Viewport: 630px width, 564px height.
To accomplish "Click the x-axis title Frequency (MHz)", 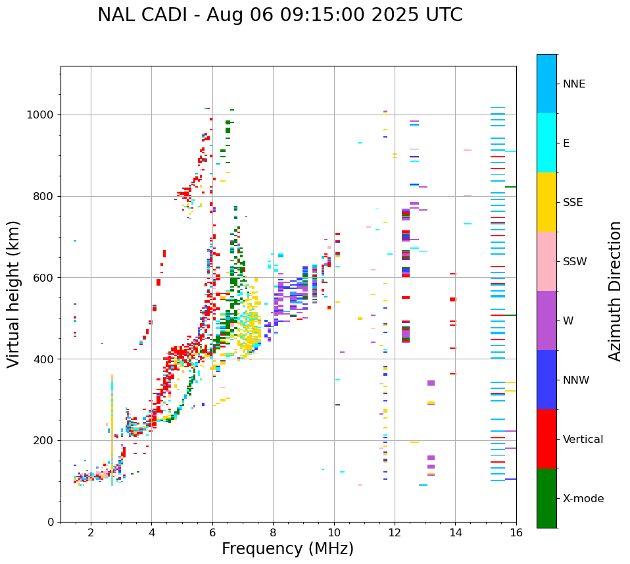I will click(287, 549).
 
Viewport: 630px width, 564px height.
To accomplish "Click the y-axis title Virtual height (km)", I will click(14, 294).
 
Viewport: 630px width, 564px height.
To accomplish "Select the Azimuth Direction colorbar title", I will click(615, 291).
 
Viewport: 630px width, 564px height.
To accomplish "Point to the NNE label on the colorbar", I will click(574, 84).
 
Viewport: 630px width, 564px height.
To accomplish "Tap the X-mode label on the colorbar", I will click(583, 499).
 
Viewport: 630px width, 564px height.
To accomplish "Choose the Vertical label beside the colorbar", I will click(583, 440).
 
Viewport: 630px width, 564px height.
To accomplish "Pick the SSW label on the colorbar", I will click(575, 262).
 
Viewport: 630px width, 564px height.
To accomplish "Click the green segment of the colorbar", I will click(546, 498).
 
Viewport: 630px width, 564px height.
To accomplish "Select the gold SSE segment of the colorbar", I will click(546, 202).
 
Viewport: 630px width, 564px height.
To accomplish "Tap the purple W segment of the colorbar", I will click(546, 320).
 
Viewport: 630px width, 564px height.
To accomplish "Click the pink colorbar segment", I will click(546, 261).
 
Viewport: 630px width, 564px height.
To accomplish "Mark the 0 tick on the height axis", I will click(51, 522).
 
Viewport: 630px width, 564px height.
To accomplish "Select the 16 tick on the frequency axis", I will click(516, 532).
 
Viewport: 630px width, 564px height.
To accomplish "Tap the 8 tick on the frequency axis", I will click(273, 532).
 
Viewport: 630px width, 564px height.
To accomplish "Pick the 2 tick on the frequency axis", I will click(91, 532).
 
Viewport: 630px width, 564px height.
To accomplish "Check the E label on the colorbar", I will click(566, 143).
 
